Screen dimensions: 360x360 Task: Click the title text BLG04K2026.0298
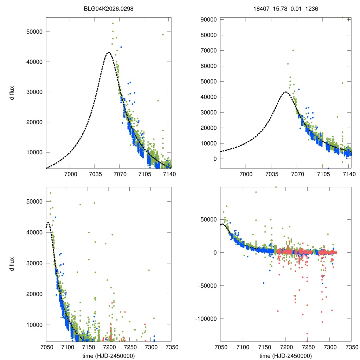[x=109, y=9]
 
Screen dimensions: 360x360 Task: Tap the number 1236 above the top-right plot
[x=311, y=9]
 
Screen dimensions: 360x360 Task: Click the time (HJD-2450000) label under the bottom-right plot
[x=285, y=356]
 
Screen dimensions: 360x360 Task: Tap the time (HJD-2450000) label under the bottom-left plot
[x=109, y=356]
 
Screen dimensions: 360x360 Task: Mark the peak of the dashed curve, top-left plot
[x=108, y=52]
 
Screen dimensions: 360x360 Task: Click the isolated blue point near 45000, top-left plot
[x=121, y=47]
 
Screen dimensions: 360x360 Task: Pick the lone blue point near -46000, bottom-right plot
[x=263, y=283]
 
